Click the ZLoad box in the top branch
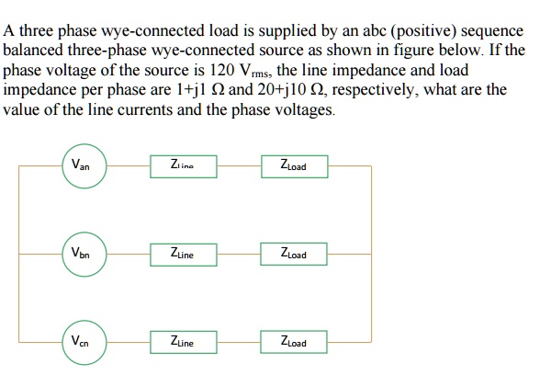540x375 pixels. coord(295,166)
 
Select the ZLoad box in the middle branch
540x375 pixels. coord(295,253)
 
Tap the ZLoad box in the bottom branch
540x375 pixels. coord(295,343)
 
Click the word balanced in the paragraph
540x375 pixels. coord(33,51)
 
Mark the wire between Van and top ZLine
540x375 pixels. coord(130,166)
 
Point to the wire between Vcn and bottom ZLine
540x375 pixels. coord(130,343)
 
